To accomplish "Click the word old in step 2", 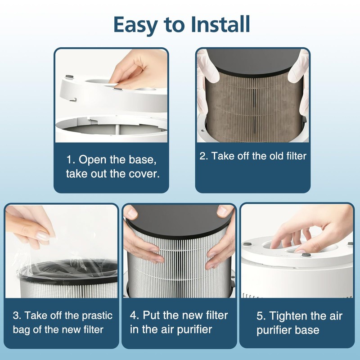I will click(270, 156).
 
